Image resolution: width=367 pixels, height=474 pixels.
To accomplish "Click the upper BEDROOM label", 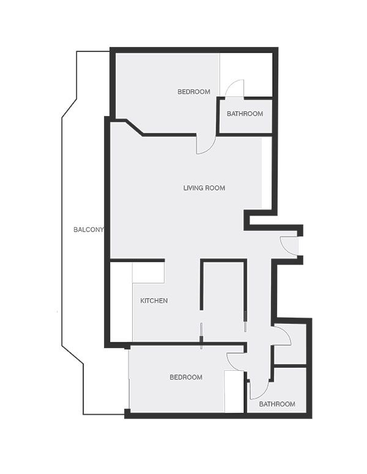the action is pyautogui.click(x=194, y=92).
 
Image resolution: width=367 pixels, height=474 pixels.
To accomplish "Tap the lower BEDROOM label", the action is pyautogui.click(x=186, y=377).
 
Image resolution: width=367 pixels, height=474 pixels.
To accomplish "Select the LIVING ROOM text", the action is pyautogui.click(x=204, y=188).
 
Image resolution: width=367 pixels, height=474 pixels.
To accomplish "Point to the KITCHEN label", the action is pyautogui.click(x=154, y=301).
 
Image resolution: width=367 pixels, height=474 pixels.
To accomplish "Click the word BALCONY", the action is pyautogui.click(x=89, y=230).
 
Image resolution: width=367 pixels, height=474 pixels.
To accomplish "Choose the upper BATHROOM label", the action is pyautogui.click(x=245, y=114).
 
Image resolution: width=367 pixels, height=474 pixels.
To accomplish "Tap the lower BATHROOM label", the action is pyautogui.click(x=277, y=404).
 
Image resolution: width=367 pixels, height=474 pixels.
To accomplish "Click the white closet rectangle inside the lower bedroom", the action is pyautogui.click(x=234, y=392).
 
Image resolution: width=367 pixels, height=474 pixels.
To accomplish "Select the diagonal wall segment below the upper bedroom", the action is pyautogui.click(x=135, y=127).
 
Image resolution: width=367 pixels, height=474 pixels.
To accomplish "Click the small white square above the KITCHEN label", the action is pyautogui.click(x=149, y=272).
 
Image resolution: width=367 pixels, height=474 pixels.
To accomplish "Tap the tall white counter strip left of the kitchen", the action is pyautogui.click(x=121, y=302).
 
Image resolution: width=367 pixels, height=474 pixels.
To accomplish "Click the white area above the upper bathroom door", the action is pyautogui.click(x=246, y=75).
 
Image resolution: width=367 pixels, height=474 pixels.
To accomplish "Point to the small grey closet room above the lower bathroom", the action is pyautogui.click(x=290, y=345).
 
